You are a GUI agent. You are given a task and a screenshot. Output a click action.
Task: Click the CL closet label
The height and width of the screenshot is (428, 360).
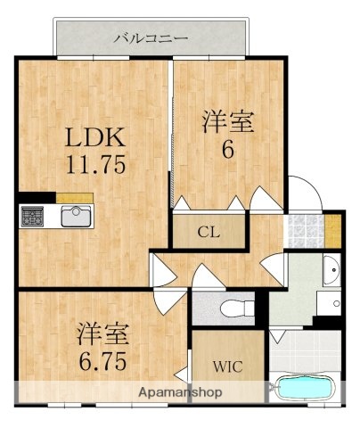pos(208,234)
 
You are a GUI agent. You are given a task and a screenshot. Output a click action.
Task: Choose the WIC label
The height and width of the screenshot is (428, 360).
pos(225,366)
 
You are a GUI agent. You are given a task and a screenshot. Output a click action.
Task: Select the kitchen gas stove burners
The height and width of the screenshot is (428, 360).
pos(33,217)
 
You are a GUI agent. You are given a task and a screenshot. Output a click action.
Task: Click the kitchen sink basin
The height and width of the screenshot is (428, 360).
pos(76,216)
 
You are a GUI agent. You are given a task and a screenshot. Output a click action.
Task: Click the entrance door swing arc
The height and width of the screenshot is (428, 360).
pos(306,192)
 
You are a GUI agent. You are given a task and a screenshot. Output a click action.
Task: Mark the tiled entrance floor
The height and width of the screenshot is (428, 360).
pos(304,231)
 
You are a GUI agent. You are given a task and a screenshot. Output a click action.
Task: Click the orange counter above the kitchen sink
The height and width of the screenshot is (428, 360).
pos(75,197)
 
